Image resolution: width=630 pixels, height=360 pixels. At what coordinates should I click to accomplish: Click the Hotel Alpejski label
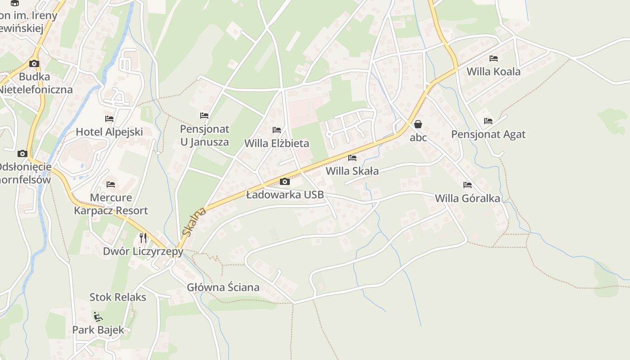(109, 132)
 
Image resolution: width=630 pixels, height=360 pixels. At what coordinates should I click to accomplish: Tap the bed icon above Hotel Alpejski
(109, 119)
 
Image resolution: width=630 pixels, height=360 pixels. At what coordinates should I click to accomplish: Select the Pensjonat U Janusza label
(204, 135)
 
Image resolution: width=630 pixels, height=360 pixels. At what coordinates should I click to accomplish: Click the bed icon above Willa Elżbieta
(277, 130)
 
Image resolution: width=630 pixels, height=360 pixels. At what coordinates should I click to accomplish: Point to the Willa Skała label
(352, 171)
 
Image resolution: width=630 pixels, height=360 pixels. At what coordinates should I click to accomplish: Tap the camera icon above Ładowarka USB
(284, 182)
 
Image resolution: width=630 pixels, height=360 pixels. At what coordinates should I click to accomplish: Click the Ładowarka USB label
(285, 195)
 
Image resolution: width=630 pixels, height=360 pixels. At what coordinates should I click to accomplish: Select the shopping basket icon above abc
(418, 124)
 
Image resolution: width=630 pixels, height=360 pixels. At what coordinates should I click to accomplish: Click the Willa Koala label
(493, 72)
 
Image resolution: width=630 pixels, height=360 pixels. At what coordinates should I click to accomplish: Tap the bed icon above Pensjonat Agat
(488, 121)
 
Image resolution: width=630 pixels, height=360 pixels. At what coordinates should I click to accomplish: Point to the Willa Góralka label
(467, 198)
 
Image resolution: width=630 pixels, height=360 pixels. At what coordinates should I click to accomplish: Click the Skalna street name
(194, 221)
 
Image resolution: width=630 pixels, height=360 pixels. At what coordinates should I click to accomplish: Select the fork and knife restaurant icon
(143, 238)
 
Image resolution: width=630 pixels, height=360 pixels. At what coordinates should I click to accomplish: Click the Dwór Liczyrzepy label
(143, 251)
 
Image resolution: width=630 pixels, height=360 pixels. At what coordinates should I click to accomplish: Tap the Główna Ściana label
(223, 287)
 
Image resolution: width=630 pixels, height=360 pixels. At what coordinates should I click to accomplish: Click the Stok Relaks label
(118, 297)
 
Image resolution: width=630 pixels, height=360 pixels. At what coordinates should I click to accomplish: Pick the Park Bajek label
(98, 330)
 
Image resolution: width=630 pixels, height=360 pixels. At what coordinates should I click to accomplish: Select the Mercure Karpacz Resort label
(111, 204)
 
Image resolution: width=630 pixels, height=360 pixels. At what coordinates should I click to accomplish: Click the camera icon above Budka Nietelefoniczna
(34, 63)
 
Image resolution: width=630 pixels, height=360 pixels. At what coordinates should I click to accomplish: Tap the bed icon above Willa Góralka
(468, 185)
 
